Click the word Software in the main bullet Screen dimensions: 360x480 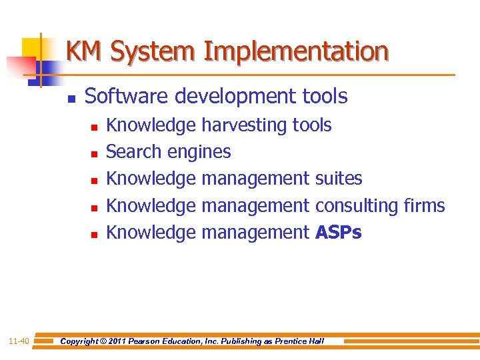(x=125, y=96)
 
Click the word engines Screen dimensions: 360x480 (x=199, y=153)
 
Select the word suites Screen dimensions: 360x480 (x=339, y=179)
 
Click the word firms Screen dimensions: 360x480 (x=424, y=205)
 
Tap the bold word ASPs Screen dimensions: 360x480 (x=339, y=232)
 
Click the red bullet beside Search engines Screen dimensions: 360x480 (x=95, y=153)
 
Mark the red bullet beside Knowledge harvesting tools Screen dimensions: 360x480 (x=95, y=127)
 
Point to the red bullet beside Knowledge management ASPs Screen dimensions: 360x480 (x=95, y=234)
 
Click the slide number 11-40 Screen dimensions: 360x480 (x=19, y=341)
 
